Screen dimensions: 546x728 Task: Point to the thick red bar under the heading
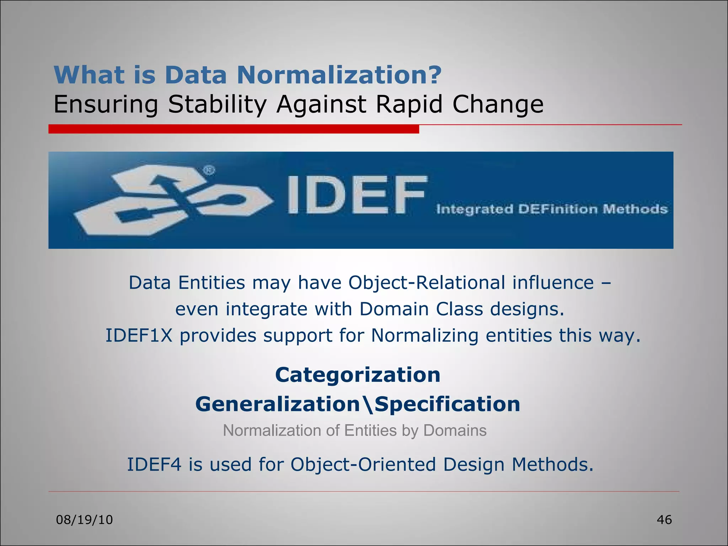[x=234, y=129]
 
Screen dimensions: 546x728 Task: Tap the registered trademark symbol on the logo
[x=209, y=171]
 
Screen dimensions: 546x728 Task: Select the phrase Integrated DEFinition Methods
[x=552, y=209]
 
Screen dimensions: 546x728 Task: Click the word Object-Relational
[x=427, y=283]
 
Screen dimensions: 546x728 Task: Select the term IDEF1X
[x=139, y=335]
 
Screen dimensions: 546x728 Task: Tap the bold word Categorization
[x=358, y=375]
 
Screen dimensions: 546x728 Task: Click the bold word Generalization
[x=278, y=404]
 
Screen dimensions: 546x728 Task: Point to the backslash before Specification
[x=369, y=405]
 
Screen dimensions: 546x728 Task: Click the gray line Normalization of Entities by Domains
[x=354, y=430]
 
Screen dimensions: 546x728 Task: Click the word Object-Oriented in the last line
[x=363, y=464]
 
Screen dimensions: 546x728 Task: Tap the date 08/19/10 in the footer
[x=85, y=520]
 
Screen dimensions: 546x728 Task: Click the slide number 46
[x=664, y=520]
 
